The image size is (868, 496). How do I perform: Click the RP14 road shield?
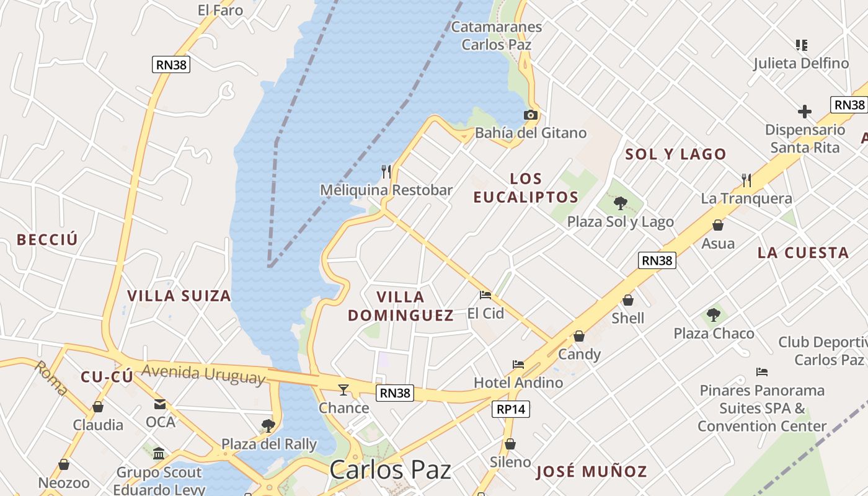point(511,409)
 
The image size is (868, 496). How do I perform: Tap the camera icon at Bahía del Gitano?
point(530,115)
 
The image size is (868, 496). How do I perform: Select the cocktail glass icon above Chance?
point(343,389)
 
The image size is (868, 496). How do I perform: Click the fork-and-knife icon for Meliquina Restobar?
point(386,171)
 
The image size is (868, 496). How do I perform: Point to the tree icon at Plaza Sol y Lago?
point(620,203)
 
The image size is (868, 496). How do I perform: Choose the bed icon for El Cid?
point(485,295)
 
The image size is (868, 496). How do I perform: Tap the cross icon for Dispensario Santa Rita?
point(805,112)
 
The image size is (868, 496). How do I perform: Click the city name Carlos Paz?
point(390,470)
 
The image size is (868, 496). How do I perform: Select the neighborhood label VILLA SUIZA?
point(179,296)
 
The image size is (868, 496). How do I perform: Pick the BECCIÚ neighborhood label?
point(48,240)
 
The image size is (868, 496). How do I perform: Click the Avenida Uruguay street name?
point(203,374)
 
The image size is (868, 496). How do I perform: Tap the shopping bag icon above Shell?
point(628,300)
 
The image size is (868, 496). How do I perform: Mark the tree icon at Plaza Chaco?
point(714,315)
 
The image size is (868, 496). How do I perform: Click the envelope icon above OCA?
point(160,404)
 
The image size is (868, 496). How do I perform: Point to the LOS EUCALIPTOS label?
point(526,188)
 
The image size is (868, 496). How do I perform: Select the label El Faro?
point(220,11)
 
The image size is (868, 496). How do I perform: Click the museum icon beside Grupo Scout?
point(159,453)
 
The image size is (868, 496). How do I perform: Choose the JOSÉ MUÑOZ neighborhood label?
point(591,472)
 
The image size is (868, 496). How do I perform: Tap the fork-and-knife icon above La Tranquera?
point(746,180)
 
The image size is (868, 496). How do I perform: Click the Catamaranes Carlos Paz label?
point(497,36)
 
